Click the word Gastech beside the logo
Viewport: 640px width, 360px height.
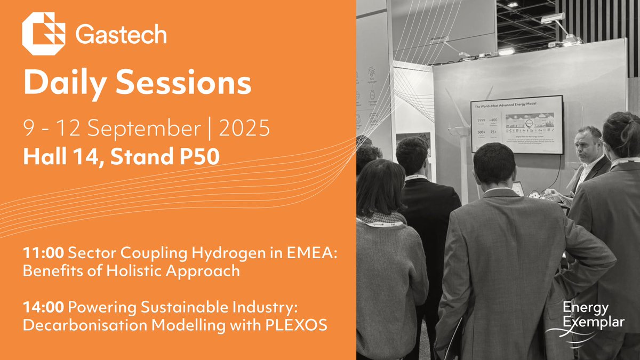tap(121, 35)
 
